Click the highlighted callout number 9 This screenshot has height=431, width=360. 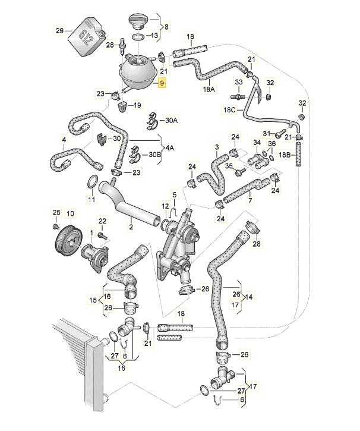[x=161, y=83]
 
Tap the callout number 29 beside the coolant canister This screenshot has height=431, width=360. [x=59, y=31]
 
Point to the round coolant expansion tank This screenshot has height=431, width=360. [x=138, y=72]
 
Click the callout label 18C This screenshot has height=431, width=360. [x=229, y=110]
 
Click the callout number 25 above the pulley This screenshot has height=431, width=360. [x=56, y=212]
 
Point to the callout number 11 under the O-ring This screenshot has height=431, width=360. [x=91, y=199]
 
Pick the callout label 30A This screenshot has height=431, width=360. [x=171, y=120]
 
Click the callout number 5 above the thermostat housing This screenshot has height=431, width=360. [x=175, y=194]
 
